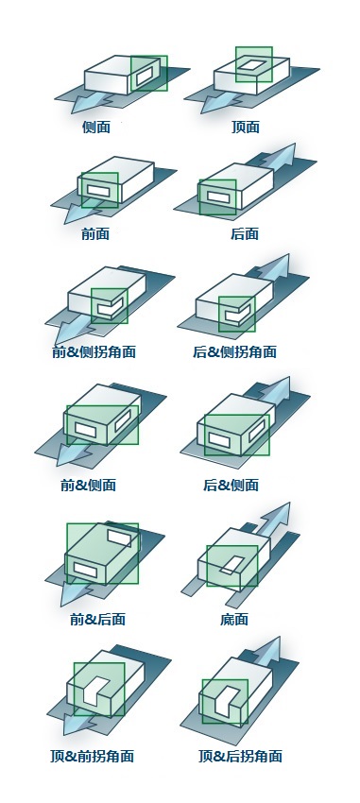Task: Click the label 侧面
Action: (x=96, y=127)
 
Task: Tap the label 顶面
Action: (x=246, y=127)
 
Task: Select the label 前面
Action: (x=95, y=234)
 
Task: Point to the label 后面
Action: (x=245, y=234)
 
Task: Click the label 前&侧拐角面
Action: (x=94, y=351)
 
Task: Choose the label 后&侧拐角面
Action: (x=235, y=351)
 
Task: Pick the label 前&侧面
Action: (x=89, y=485)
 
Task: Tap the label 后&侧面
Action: (x=231, y=485)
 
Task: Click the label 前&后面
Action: (x=98, y=619)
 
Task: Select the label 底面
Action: (x=234, y=619)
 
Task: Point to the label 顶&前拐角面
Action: (x=93, y=756)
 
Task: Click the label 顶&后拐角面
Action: (x=240, y=756)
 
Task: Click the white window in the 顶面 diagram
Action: (x=254, y=65)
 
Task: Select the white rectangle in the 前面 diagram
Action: (x=99, y=191)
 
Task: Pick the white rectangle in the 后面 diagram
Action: (x=217, y=196)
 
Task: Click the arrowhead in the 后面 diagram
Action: (x=284, y=154)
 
